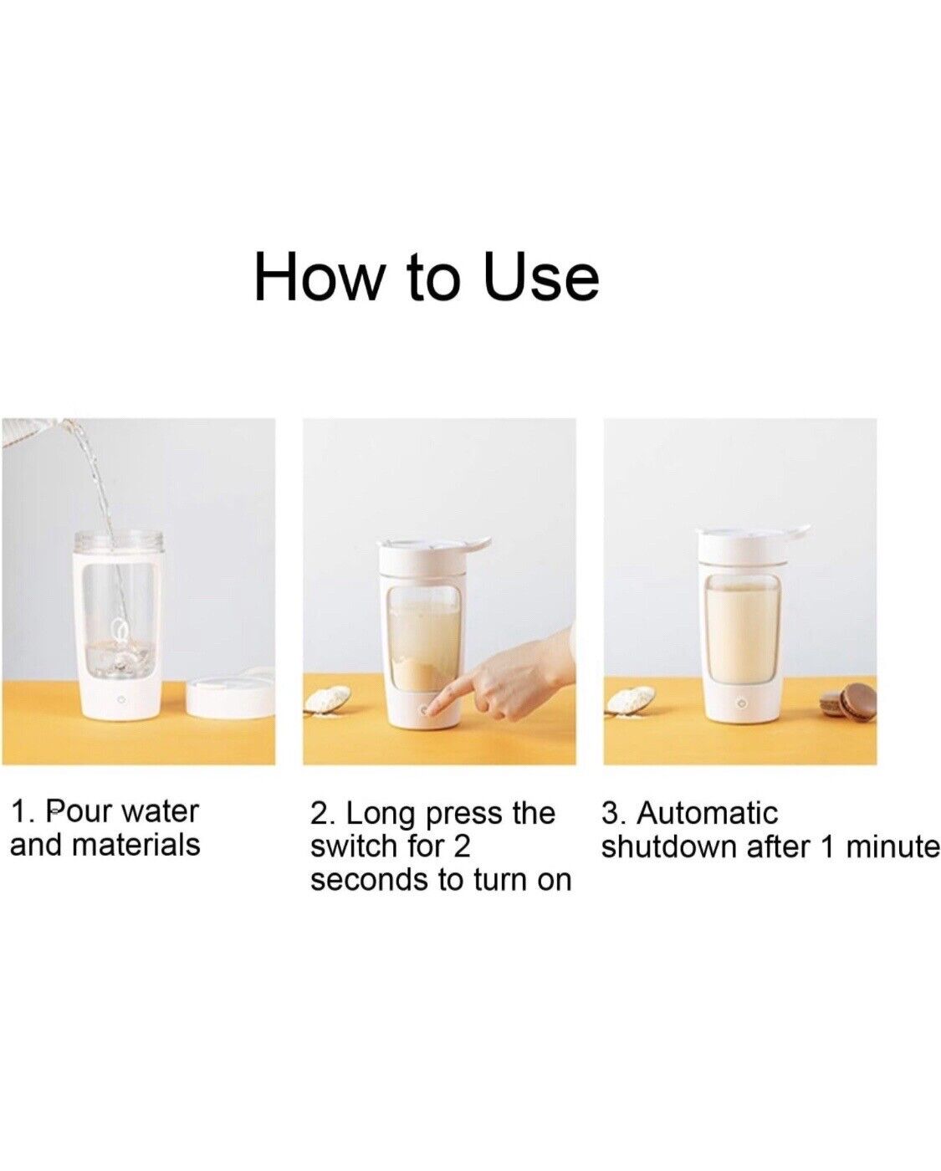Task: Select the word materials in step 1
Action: click(136, 845)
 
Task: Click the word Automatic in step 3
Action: click(707, 812)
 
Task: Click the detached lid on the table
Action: click(231, 694)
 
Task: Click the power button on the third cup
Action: click(741, 705)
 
